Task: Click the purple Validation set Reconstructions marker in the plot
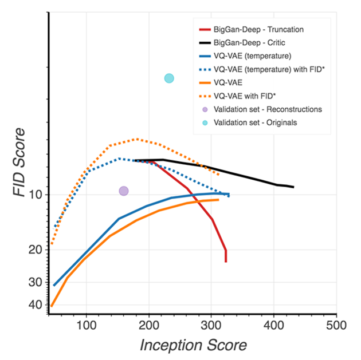(x=123, y=191)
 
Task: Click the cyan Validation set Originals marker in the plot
(x=169, y=78)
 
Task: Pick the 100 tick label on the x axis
(x=87, y=325)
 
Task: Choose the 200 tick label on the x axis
(x=149, y=325)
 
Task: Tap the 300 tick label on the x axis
(x=211, y=325)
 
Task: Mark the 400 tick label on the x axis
(x=274, y=325)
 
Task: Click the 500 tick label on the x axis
(x=336, y=325)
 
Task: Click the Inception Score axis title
(x=193, y=345)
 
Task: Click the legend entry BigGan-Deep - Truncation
(x=258, y=29)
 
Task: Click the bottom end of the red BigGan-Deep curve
(x=226, y=262)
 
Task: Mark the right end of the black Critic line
(x=293, y=187)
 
